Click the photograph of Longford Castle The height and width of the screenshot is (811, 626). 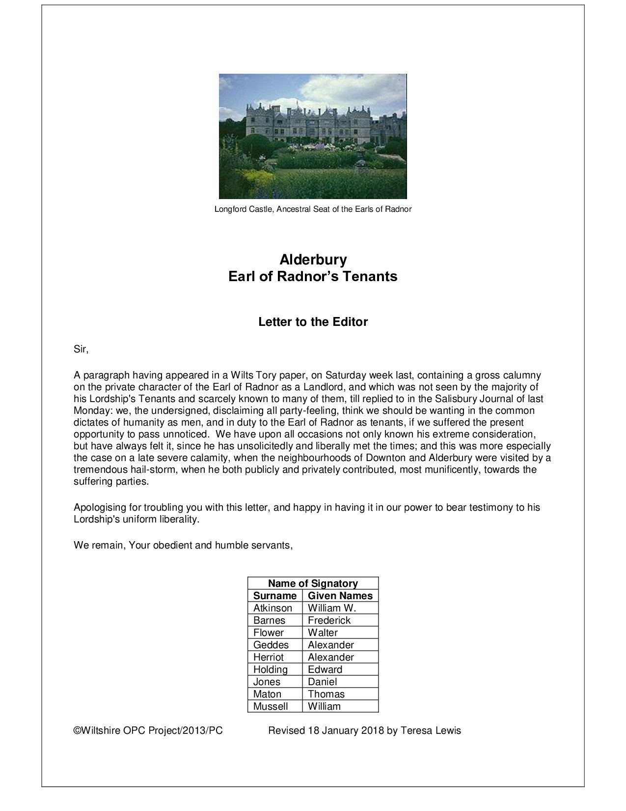[x=313, y=136]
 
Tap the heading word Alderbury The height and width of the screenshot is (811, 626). [x=313, y=259]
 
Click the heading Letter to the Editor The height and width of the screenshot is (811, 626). [x=313, y=322]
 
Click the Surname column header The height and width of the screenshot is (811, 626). [x=274, y=596]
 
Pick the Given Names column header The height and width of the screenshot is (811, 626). [x=340, y=596]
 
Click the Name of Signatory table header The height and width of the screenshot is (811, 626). [x=313, y=583]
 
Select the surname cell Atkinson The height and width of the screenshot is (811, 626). [x=272, y=608]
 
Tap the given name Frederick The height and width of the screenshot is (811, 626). [x=329, y=620]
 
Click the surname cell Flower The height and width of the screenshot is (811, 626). [x=268, y=633]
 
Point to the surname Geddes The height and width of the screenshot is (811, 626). [x=271, y=645]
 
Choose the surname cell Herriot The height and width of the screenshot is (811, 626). [x=268, y=657]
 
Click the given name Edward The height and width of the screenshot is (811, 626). [x=325, y=669]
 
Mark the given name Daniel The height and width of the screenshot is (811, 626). [x=322, y=682]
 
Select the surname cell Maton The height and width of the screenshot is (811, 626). [x=267, y=694]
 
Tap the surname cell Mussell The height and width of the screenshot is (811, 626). [x=270, y=706]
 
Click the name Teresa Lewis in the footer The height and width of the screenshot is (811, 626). [x=431, y=730]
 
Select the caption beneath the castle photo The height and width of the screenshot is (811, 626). [x=313, y=209]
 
